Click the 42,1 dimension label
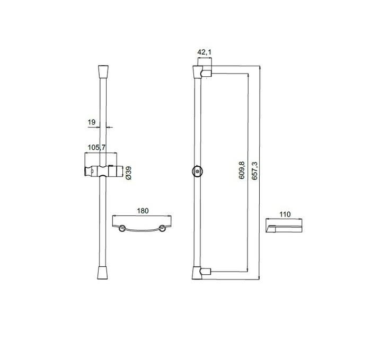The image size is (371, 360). (205, 52)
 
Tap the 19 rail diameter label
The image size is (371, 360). (92, 122)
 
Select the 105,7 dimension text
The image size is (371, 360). (96, 148)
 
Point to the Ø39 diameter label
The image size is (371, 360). (128, 173)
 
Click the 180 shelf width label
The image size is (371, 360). (143, 211)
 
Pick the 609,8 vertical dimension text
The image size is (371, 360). (242, 170)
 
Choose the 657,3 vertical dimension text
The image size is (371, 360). (254, 170)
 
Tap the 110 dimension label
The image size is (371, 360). (285, 214)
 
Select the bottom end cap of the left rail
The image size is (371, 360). (103, 273)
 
